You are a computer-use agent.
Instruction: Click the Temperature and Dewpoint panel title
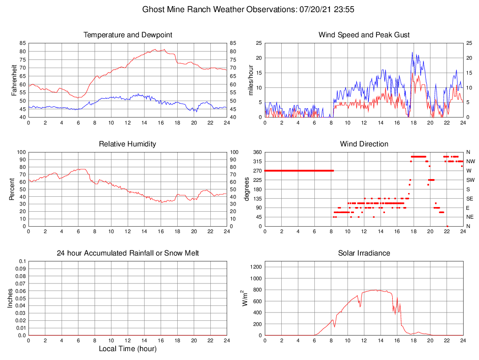coord(128,35)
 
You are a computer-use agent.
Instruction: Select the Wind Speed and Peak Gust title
coord(364,35)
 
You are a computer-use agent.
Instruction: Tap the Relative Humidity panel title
coord(128,144)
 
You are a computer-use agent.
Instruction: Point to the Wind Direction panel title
coord(364,144)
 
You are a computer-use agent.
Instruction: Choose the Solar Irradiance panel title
coord(364,253)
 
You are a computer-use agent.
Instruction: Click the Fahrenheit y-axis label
coord(14,80)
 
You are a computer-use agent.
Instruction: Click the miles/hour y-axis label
coord(250,80)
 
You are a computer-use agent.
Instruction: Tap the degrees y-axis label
coord(247,189)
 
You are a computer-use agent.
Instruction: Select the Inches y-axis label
coord(10,298)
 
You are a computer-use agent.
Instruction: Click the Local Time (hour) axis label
coord(128,349)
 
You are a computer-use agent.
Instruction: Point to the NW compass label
coord(470,161)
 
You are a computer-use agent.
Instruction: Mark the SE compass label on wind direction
coord(470,199)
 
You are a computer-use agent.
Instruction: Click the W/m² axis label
coord(245,298)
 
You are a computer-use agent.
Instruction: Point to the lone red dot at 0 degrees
coord(447,226)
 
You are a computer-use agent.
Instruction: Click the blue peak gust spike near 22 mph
coord(412,53)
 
